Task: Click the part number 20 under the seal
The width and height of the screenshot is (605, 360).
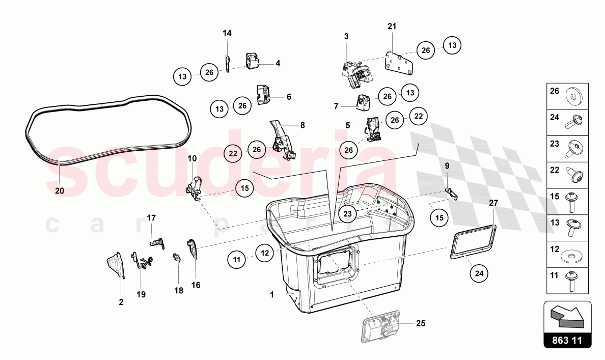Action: [x=60, y=190]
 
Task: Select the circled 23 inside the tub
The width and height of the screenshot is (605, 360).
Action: [x=348, y=214]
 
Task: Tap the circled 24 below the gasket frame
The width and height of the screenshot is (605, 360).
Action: [x=479, y=273]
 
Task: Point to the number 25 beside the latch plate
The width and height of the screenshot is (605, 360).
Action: [x=421, y=323]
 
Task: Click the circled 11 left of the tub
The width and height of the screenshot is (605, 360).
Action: [x=236, y=260]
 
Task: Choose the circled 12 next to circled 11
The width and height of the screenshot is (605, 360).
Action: [x=265, y=253]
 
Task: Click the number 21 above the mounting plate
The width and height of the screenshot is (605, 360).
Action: [x=392, y=26]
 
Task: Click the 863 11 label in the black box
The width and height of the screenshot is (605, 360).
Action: [x=567, y=340]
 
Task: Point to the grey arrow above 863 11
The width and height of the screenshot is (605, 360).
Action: [x=567, y=314]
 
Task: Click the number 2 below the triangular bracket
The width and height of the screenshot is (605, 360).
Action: [x=121, y=302]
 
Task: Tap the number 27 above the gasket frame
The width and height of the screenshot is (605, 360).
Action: [x=493, y=203]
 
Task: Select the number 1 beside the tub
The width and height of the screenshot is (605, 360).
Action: [x=271, y=295]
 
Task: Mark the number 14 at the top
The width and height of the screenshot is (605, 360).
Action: [x=227, y=33]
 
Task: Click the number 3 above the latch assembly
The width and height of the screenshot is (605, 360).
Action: [x=346, y=36]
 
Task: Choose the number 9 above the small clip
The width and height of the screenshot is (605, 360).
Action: [x=447, y=166]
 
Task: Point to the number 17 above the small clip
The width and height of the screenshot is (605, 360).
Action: [x=151, y=218]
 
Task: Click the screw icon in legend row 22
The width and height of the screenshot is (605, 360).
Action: [x=574, y=175]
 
